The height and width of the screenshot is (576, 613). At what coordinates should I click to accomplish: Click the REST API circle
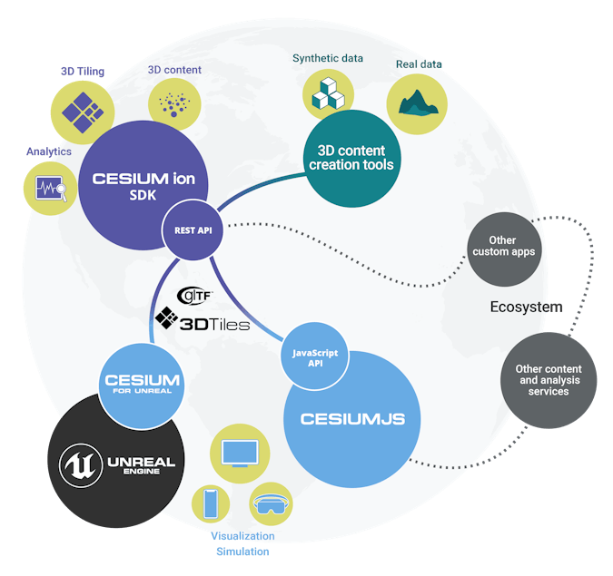click(193, 230)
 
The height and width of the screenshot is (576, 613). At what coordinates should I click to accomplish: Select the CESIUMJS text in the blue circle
click(352, 419)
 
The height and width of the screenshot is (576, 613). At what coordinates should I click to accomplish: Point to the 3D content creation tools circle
click(351, 158)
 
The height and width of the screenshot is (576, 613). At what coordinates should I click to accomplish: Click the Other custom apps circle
click(504, 247)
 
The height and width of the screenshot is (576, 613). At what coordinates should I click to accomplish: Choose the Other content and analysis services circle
click(549, 379)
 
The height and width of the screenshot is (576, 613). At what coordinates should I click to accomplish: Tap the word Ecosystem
click(526, 308)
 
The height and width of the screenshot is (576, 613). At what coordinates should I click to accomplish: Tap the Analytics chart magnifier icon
click(48, 189)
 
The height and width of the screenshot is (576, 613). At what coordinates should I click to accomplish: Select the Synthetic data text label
click(327, 59)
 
